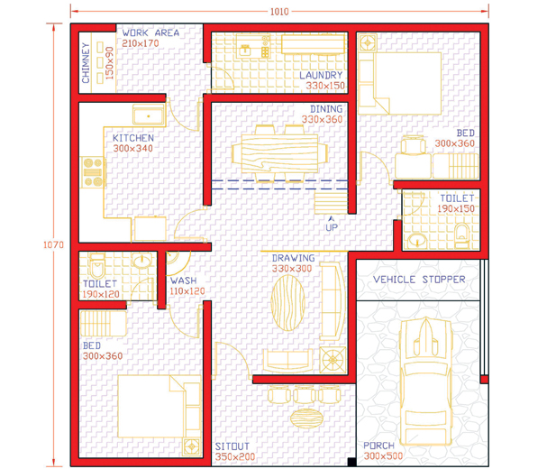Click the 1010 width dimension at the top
tap(279, 12)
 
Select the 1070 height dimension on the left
tap(53, 244)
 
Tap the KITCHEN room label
tap(133, 138)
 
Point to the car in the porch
tap(425, 381)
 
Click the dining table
tap(279, 153)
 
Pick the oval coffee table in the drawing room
tap(288, 303)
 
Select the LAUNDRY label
tap(321, 75)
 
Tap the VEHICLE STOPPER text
tap(419, 280)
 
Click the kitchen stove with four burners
tap(93, 172)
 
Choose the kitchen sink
tap(149, 115)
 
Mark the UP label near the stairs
tap(332, 227)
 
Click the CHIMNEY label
tap(86, 63)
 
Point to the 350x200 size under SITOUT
tap(235, 456)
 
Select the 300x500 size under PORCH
tap(383, 455)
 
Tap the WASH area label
tap(183, 280)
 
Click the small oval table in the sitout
tap(306, 418)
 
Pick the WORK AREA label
tap(150, 32)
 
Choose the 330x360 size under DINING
tap(322, 119)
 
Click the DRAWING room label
tap(293, 258)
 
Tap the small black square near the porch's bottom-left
tap(351, 462)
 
